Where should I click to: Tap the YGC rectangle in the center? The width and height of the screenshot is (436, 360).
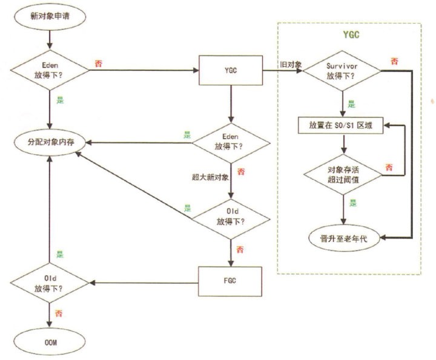click(230, 71)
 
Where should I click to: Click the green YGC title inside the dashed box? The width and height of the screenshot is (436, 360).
click(349, 34)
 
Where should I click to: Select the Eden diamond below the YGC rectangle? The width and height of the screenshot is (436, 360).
click(230, 143)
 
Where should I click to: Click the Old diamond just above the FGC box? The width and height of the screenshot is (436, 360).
click(230, 215)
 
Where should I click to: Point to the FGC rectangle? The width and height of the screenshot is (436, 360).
click(230, 281)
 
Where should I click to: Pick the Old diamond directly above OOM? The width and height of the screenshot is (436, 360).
click(50, 282)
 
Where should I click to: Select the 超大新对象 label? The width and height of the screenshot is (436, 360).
click(206, 177)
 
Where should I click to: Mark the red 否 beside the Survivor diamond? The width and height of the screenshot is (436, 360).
click(394, 61)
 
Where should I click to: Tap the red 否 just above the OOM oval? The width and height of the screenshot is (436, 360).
click(58, 314)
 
